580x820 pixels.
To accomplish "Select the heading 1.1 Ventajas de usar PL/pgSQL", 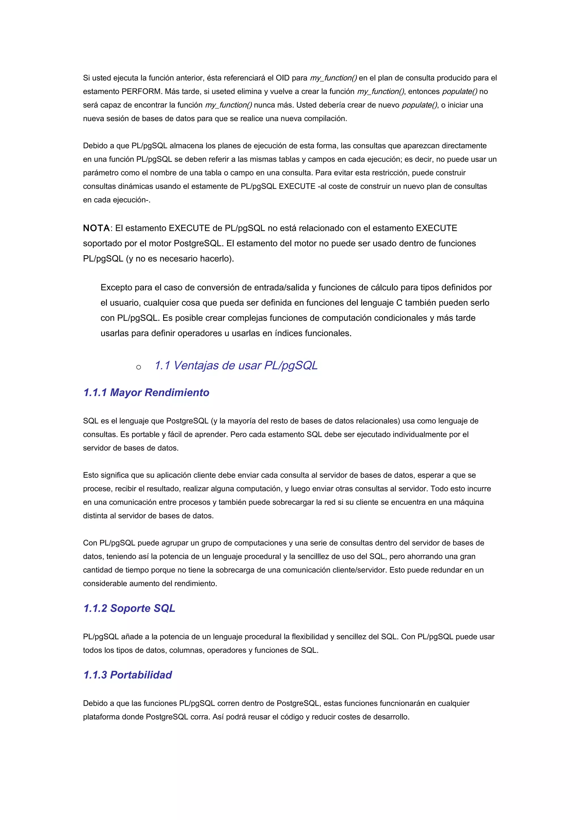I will pyautogui.click(x=236, y=365).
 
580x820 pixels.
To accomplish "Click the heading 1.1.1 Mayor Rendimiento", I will pyautogui.click(x=146, y=392).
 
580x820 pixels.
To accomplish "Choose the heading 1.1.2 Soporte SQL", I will pyautogui.click(x=129, y=608).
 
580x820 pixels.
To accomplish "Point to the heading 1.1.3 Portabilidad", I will pyautogui.click(x=127, y=675).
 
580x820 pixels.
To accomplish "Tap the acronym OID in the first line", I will pyautogui.click(x=282, y=78).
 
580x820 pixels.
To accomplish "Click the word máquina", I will pyautogui.click(x=468, y=502).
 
